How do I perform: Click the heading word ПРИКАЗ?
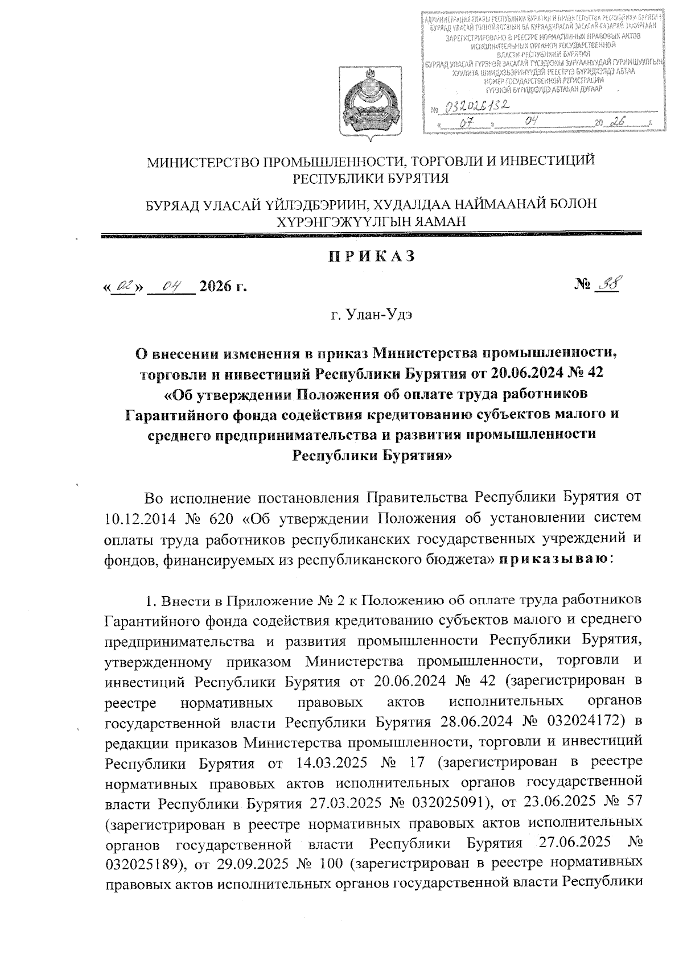tap(371, 257)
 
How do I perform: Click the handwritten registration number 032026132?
tap(476, 106)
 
